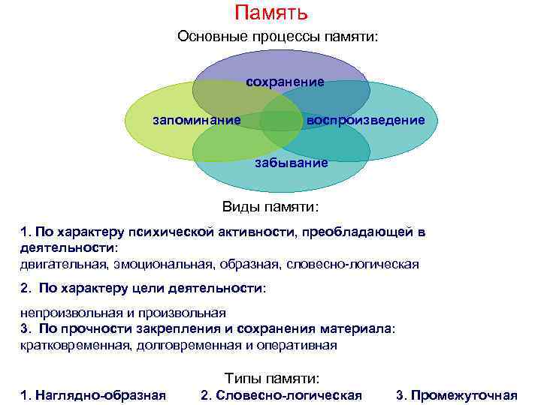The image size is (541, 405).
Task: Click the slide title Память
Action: (x=270, y=13)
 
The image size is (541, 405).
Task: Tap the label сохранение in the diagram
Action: (x=286, y=82)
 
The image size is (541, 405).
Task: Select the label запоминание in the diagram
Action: (x=197, y=120)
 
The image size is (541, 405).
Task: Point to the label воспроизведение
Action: (x=365, y=120)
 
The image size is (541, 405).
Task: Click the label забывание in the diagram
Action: (x=291, y=163)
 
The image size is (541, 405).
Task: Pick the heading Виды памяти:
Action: (x=270, y=206)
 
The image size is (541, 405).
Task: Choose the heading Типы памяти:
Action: (x=272, y=379)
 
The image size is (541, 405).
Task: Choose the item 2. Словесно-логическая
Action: (x=282, y=395)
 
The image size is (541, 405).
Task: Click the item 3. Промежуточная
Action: (x=457, y=395)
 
